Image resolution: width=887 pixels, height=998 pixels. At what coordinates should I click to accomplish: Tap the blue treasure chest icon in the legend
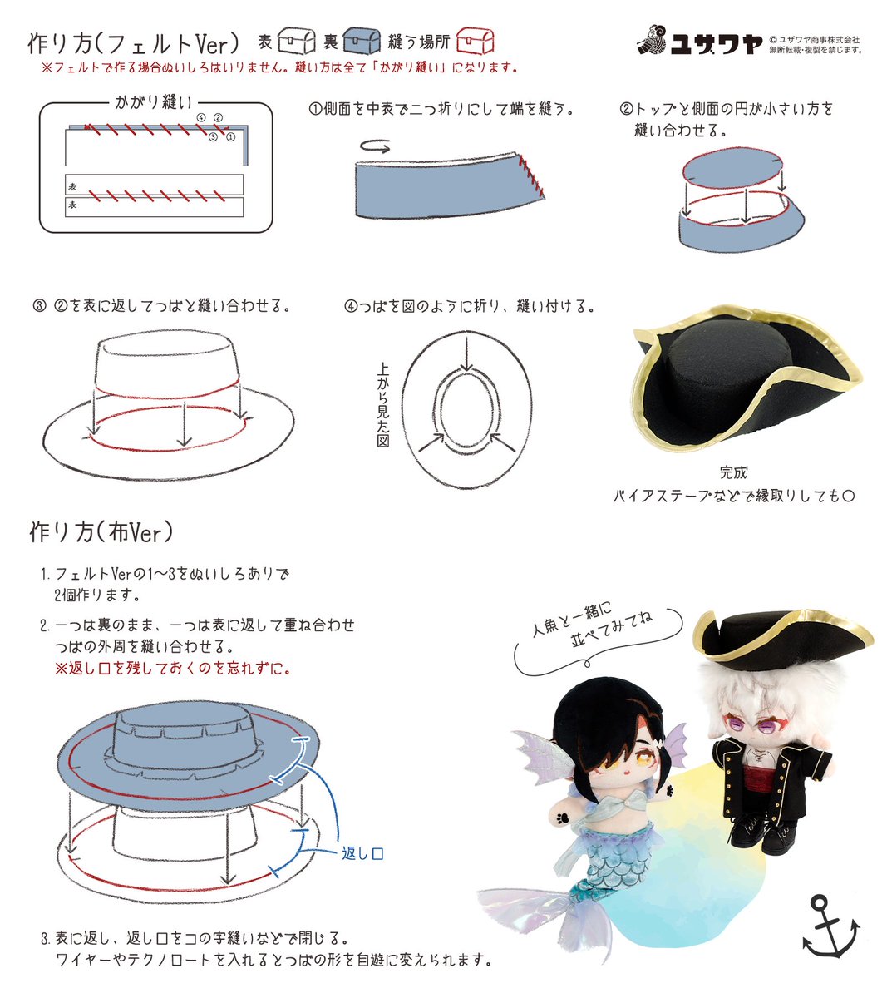tap(362, 41)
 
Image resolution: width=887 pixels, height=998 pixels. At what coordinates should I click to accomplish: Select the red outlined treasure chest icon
tap(475, 41)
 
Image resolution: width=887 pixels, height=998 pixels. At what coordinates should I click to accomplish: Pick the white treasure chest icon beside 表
tap(297, 41)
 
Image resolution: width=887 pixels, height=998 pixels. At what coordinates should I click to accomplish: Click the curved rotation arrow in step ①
tap(375, 146)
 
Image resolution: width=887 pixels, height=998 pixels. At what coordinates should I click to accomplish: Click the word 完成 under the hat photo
tap(733, 473)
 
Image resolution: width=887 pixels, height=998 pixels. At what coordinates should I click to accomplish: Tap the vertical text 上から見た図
tap(382, 405)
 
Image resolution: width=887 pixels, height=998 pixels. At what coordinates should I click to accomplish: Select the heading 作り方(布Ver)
tap(101, 532)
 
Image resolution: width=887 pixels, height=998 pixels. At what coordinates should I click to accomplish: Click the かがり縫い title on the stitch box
tap(153, 102)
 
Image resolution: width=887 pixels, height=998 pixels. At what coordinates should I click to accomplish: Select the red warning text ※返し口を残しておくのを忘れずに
tap(172, 669)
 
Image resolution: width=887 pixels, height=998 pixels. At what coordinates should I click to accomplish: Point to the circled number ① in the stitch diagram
tap(230, 137)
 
